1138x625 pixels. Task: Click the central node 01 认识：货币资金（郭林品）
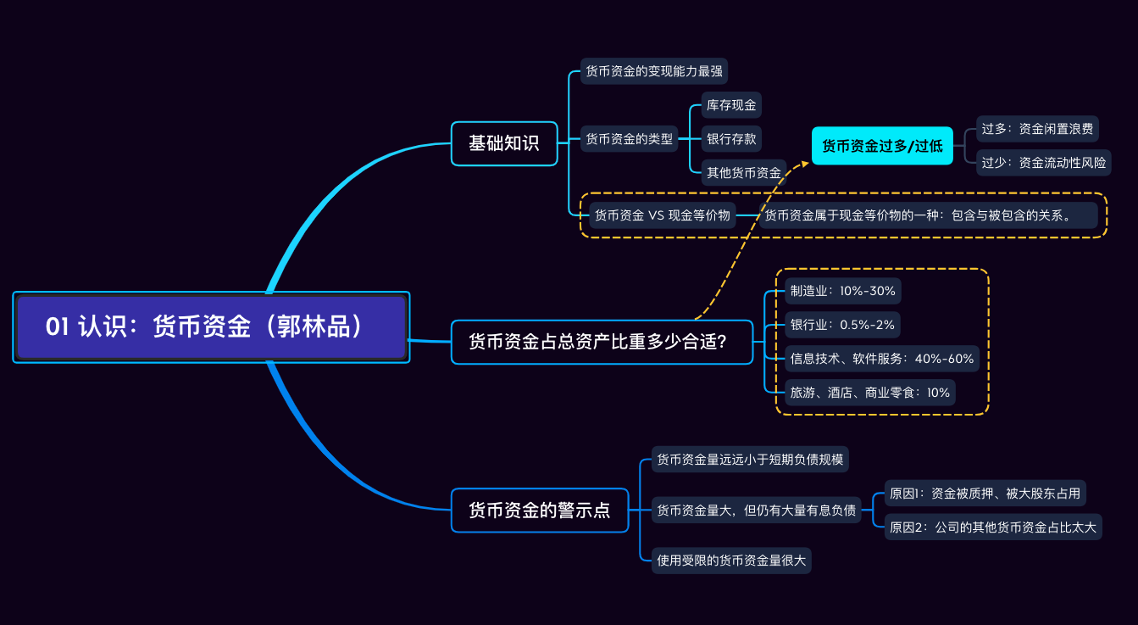(x=211, y=326)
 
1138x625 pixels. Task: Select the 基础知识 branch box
(x=504, y=143)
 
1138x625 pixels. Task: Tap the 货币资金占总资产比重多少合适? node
(x=602, y=342)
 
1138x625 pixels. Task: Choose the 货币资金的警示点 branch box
(x=540, y=511)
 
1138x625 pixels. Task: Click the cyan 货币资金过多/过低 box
(x=882, y=146)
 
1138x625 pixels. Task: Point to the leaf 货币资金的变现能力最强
(x=654, y=70)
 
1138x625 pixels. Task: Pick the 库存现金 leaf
(x=731, y=105)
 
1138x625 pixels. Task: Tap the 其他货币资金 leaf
(x=744, y=172)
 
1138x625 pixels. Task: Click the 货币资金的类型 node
(x=630, y=139)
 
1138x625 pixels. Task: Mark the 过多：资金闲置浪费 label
(x=1037, y=129)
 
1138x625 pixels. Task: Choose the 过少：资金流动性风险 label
(x=1043, y=162)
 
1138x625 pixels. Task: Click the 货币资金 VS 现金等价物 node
(x=662, y=215)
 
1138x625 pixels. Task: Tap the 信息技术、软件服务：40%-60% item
(x=881, y=359)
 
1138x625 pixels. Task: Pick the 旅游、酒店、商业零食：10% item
(x=869, y=392)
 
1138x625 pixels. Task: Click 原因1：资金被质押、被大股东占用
(x=985, y=493)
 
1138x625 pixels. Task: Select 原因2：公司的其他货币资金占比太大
(x=992, y=527)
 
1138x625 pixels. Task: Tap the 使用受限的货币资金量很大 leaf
(x=732, y=560)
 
